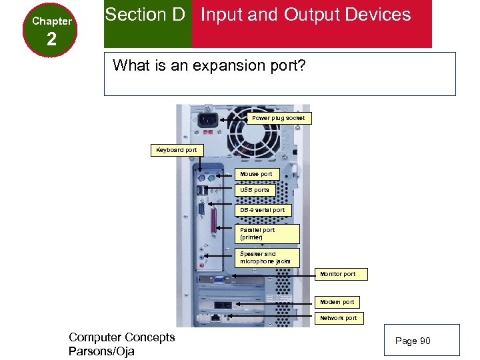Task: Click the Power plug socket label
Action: click(278, 118)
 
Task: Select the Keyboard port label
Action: click(177, 150)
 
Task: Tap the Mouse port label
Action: click(257, 174)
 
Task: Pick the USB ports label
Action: click(255, 190)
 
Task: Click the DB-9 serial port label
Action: click(263, 210)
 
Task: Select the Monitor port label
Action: click(337, 274)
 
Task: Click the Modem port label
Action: click(337, 302)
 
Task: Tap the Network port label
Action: click(338, 318)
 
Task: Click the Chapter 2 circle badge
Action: click(51, 30)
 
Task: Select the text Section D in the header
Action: click(145, 15)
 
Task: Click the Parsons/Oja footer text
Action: click(101, 351)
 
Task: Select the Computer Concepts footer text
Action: click(121, 337)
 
